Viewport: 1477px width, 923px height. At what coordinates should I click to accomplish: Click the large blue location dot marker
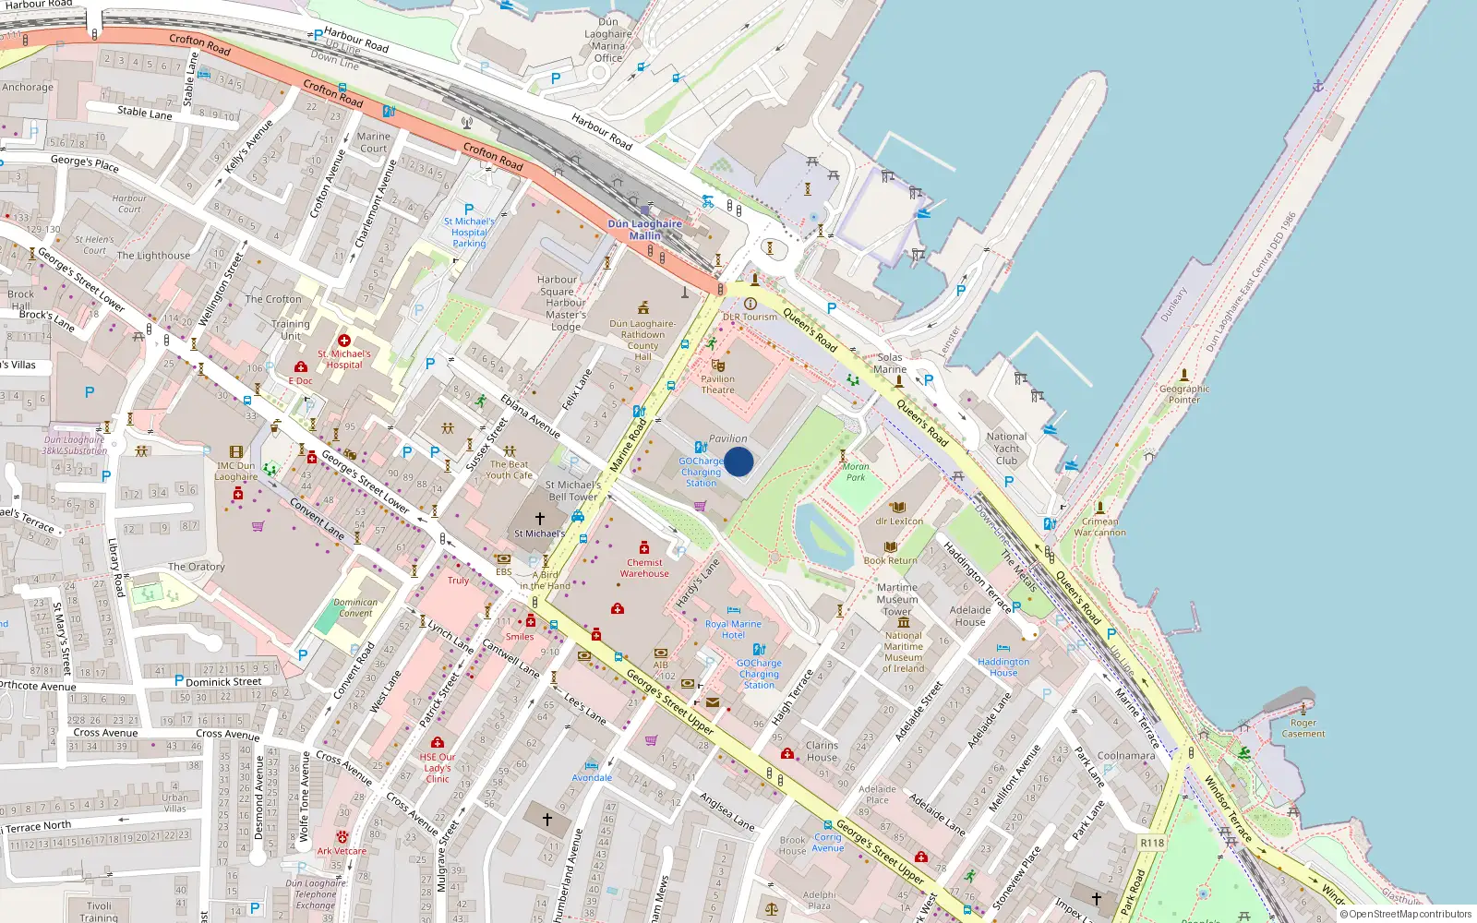738,461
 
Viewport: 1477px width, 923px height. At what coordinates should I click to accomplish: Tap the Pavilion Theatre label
717,384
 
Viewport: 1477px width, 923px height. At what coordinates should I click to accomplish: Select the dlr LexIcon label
899,521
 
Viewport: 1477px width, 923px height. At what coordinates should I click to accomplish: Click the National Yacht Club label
1006,449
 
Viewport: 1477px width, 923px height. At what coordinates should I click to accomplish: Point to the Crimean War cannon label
1099,527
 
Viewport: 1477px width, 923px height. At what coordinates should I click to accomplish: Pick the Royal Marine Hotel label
733,629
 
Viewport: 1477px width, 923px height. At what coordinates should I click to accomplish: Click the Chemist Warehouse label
644,568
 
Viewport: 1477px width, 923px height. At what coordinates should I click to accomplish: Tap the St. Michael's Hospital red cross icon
344,341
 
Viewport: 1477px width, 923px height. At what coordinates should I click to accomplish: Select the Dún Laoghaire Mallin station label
644,230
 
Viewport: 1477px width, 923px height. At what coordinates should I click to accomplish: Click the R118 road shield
1152,843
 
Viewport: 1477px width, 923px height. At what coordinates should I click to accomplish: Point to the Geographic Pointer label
1184,394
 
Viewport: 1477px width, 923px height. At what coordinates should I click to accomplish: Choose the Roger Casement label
1303,728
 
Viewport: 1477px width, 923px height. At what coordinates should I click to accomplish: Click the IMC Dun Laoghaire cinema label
236,471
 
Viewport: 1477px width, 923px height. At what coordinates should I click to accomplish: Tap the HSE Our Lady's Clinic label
438,768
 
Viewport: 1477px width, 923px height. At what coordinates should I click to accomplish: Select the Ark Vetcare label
342,851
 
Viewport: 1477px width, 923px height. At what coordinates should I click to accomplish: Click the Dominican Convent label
355,607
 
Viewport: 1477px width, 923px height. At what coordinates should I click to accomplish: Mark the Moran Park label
856,472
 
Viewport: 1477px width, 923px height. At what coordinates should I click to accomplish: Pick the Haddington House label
1003,667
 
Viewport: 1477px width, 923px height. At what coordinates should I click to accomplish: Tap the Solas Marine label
890,363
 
